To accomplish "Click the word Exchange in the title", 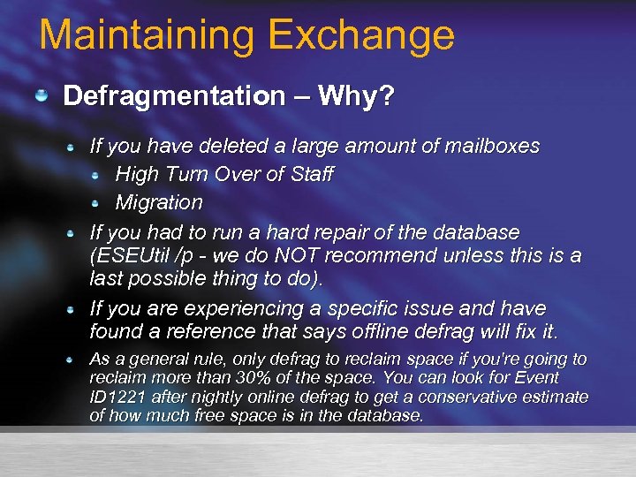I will pyautogui.click(x=361, y=35).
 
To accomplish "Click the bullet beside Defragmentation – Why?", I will pyautogui.click(x=42, y=95).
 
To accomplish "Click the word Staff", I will pyautogui.click(x=310, y=174).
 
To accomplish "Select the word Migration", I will pyautogui.click(x=159, y=202).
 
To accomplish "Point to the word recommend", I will pyautogui.click(x=402, y=256).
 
